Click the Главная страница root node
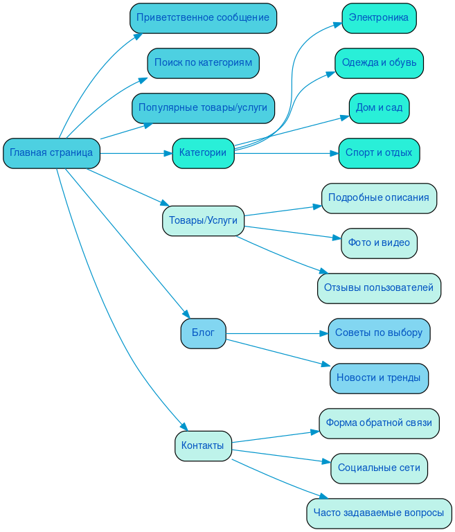(52, 153)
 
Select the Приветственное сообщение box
(203, 18)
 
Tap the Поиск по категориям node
(203, 63)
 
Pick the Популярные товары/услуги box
(203, 108)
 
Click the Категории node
(203, 153)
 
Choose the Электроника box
(379, 18)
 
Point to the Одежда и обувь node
(379, 63)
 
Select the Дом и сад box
(379, 108)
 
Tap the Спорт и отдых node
(379, 153)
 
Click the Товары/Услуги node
(203, 221)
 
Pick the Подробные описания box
(379, 198)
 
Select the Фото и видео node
(379, 243)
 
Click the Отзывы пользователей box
(379, 288)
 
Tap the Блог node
(203, 333)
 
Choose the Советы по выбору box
(379, 333)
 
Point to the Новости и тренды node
(379, 378)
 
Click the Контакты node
(203, 445)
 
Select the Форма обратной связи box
(379, 423)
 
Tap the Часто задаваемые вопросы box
(379, 513)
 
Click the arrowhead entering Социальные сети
(326, 463)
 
